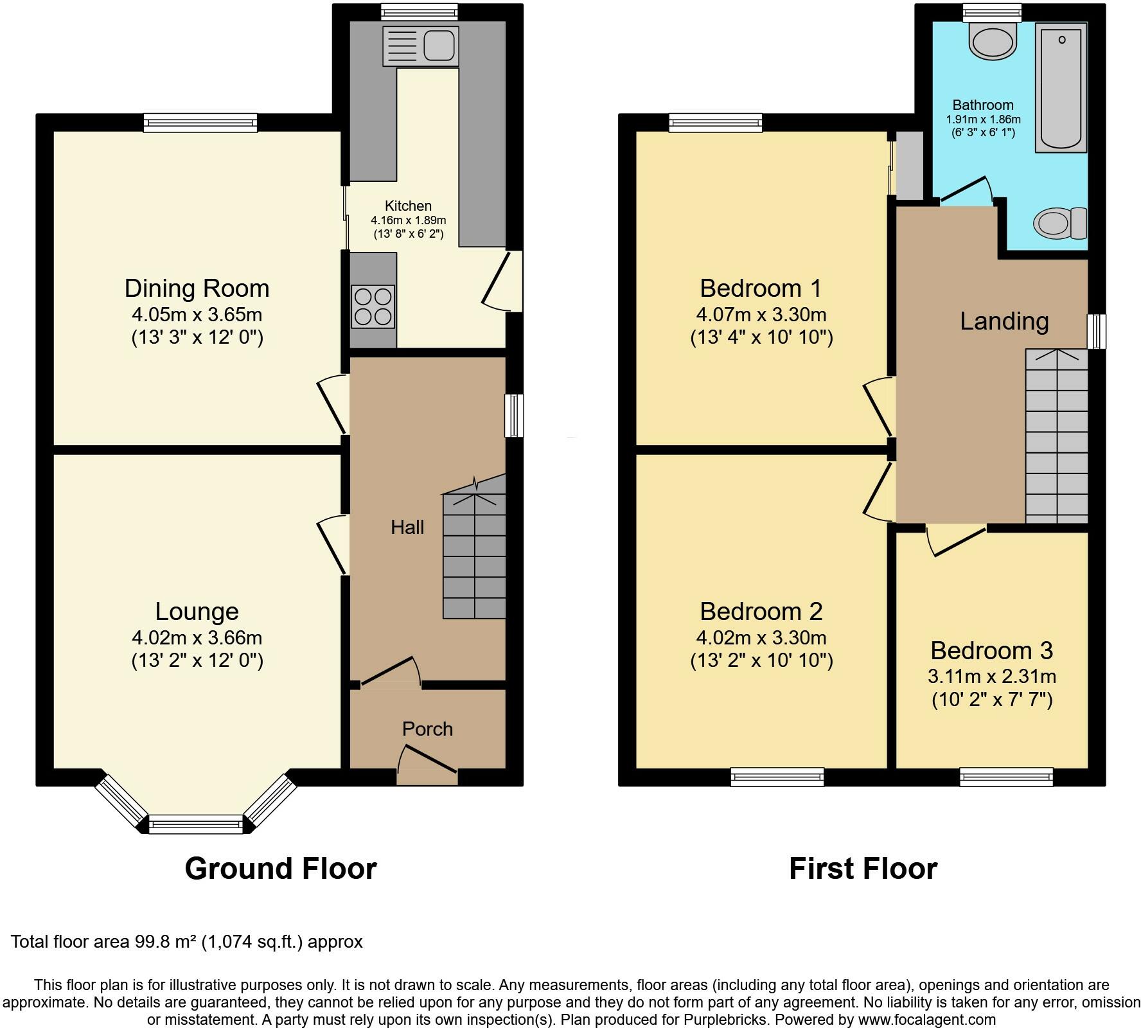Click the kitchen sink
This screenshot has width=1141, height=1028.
tap(420, 46)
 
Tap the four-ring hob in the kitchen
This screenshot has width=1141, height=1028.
tap(373, 306)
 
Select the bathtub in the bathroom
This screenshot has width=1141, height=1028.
tap(1061, 87)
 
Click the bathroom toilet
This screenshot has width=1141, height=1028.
tap(1060, 224)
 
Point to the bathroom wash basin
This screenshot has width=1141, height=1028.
tap(993, 40)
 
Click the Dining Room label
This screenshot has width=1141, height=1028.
tap(197, 288)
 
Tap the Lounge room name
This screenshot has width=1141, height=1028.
tap(197, 612)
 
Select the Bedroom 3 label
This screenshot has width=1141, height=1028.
tap(992, 650)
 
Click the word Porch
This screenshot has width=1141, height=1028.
tap(428, 729)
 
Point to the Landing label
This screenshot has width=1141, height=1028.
tap(1004, 321)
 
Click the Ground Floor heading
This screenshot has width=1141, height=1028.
tap(281, 869)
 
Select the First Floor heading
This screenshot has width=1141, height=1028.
tap(863, 869)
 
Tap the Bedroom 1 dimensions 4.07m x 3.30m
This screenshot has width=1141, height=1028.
tap(761, 315)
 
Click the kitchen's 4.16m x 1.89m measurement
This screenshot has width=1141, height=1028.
tap(409, 220)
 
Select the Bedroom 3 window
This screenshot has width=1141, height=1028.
tap(1007, 777)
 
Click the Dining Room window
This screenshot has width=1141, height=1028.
tap(200, 123)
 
